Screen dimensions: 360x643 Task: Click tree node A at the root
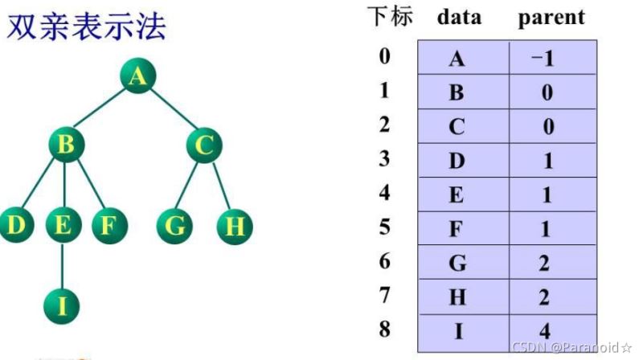(137, 76)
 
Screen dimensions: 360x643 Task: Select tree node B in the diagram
(67, 145)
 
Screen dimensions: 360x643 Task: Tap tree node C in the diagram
(204, 145)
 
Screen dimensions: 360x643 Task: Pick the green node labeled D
(15, 226)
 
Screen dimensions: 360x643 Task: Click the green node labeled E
(62, 226)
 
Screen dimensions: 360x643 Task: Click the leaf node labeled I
(62, 305)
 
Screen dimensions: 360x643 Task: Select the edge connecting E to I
(62, 265)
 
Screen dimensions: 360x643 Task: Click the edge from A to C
(171, 111)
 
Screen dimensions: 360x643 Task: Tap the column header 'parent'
(551, 18)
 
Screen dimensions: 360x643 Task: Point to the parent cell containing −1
(548, 59)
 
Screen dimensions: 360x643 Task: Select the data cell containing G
(457, 264)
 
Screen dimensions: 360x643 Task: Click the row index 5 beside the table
(385, 227)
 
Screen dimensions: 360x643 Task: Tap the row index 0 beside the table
(385, 56)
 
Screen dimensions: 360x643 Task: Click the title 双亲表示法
(87, 27)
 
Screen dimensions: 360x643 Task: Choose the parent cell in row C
(548, 127)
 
